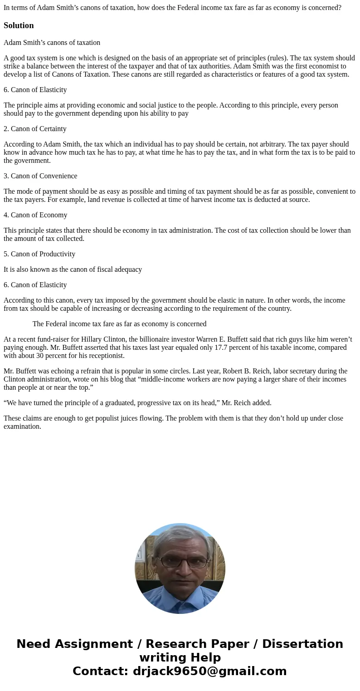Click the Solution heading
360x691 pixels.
19,25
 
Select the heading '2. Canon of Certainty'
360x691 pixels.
35,129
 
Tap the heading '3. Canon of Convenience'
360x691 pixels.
40,176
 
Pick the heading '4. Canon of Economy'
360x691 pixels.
35,215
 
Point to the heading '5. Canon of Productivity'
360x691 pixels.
39,254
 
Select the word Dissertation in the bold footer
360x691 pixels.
302,644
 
